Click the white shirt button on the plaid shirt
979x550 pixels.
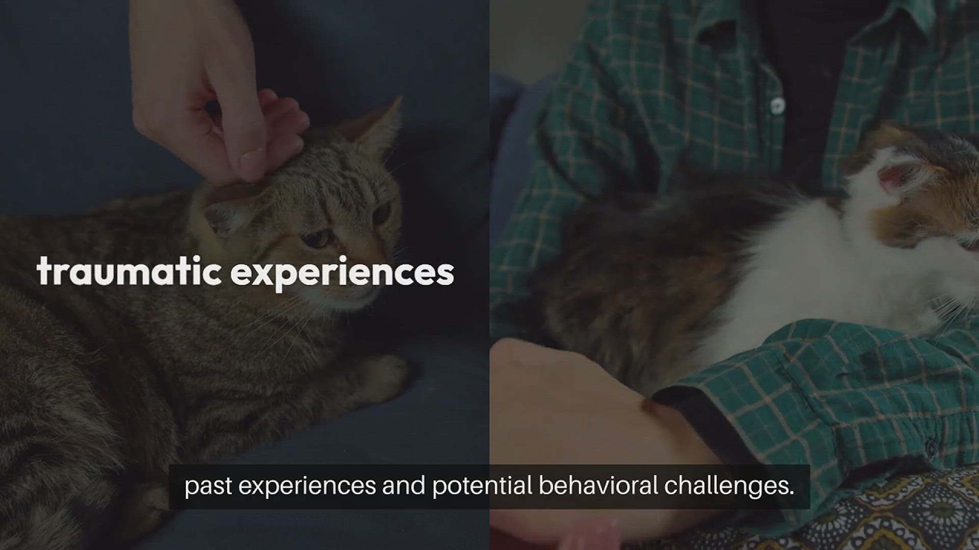[x=777, y=106]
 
